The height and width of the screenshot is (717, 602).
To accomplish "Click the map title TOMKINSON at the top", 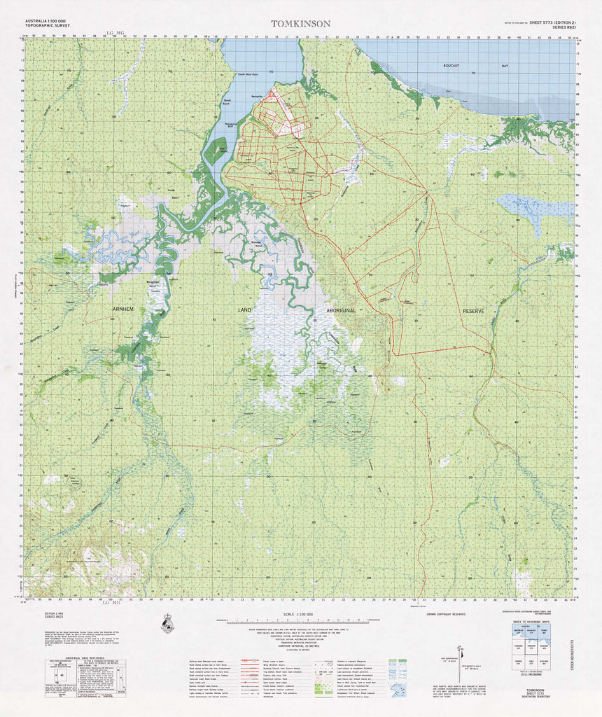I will click(301, 23).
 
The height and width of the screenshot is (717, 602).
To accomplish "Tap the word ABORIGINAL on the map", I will click(341, 309).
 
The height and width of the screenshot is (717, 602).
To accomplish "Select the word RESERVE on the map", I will click(473, 310).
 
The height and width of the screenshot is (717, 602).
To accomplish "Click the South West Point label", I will click(247, 74).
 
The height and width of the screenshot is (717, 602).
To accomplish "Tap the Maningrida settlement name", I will click(258, 95).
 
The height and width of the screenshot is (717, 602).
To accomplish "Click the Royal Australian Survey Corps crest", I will click(167, 623).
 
